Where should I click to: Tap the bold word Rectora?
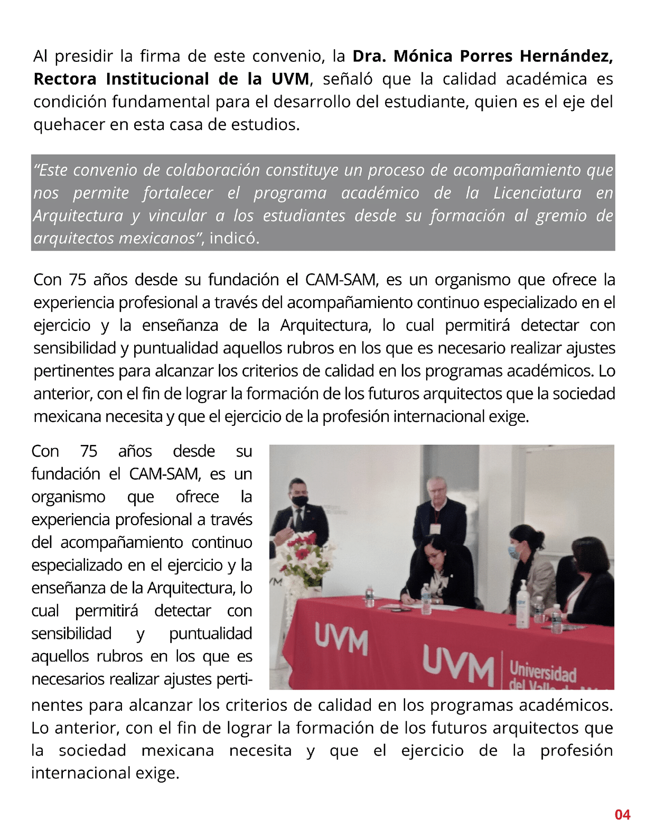[65, 79]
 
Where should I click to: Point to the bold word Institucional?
[157, 79]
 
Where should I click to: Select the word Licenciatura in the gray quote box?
[537, 193]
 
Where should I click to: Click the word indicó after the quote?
[234, 238]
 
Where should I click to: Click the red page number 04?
[622, 815]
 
